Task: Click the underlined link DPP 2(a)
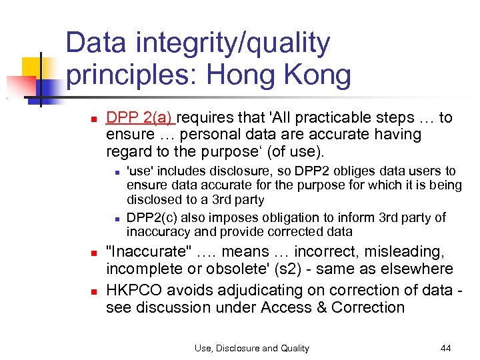pos(139,118)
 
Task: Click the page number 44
pos(445,347)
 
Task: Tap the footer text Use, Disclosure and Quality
pos(252,347)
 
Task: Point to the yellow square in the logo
pos(31,67)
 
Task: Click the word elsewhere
pos(419,269)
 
